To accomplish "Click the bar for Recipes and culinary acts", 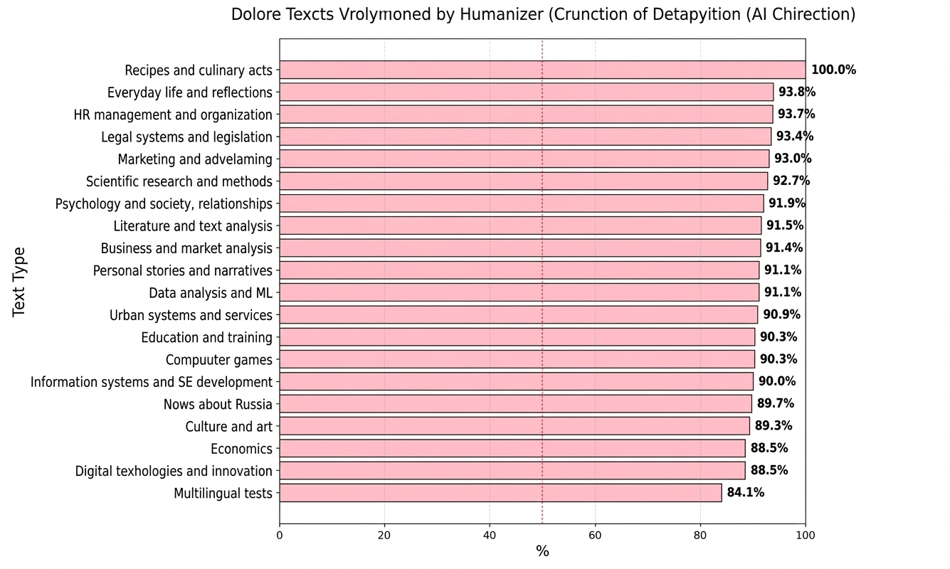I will click(x=542, y=70).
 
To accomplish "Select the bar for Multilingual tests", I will click(x=500, y=493).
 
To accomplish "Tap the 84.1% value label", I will click(x=745, y=492).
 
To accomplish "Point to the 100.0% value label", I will click(x=833, y=70).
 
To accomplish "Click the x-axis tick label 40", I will click(x=490, y=534).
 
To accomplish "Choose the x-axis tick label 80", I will click(x=700, y=534).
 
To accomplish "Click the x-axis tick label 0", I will click(x=280, y=534).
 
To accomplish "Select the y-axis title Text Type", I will click(x=19, y=282).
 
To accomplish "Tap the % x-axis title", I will click(x=542, y=552).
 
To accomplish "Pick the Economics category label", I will click(x=241, y=449).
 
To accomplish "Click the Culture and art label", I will click(x=228, y=427).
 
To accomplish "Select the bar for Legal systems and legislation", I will click(x=525, y=137).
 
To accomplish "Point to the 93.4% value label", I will click(x=795, y=137).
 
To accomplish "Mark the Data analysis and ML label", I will click(x=211, y=293).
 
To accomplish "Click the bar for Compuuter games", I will click(x=517, y=359).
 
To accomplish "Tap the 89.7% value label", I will click(x=775, y=403).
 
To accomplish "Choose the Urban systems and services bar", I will click(x=518, y=315).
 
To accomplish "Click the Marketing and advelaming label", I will click(x=195, y=159).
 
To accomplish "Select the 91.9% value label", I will click(x=786, y=203).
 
